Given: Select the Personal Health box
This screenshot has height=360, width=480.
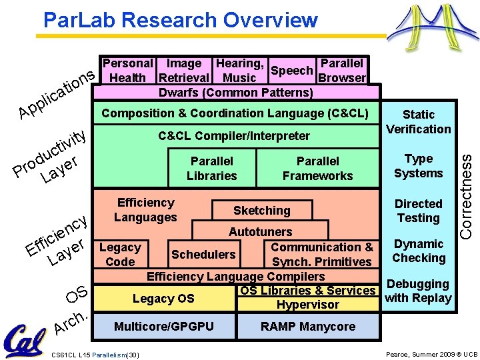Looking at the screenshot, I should coord(127,71).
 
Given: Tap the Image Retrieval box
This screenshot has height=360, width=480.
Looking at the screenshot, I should coord(184,71).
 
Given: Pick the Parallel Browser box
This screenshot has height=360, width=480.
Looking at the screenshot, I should coord(341,71).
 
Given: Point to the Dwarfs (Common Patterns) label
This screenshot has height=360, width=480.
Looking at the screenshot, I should coord(235,92).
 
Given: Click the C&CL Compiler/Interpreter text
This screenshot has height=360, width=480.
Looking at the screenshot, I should coord(234,136).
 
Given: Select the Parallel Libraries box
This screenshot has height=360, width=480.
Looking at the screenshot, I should coord(212,169).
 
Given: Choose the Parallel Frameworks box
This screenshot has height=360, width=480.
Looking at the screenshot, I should coord(317,169).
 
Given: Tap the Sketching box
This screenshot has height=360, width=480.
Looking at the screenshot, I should coord(261,211).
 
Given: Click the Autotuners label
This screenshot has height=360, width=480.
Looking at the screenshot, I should coord(260,232).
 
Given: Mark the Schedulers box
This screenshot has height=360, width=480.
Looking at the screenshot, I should coord(203,255).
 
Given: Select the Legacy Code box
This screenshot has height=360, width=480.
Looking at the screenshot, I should coord(120,255).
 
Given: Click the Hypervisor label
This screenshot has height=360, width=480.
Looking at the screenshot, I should coord(308,305).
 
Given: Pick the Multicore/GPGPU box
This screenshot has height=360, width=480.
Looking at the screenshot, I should coord(164,327).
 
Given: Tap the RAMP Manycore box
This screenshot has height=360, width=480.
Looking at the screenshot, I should coord(308,327).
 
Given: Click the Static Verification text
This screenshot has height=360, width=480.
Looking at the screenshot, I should coord(419,122).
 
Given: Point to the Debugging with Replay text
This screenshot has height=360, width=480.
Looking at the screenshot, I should coord(418,291).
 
